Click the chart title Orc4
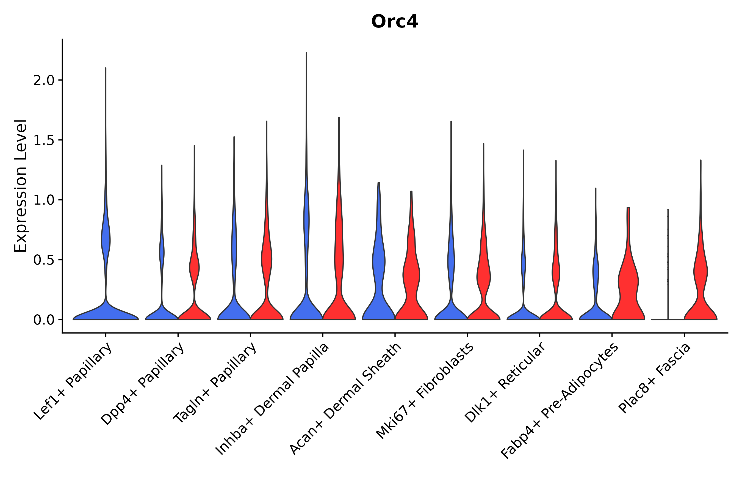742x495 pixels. [x=394, y=22]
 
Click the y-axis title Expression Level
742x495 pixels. [x=21, y=186]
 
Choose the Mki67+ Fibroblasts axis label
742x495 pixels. [x=425, y=391]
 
